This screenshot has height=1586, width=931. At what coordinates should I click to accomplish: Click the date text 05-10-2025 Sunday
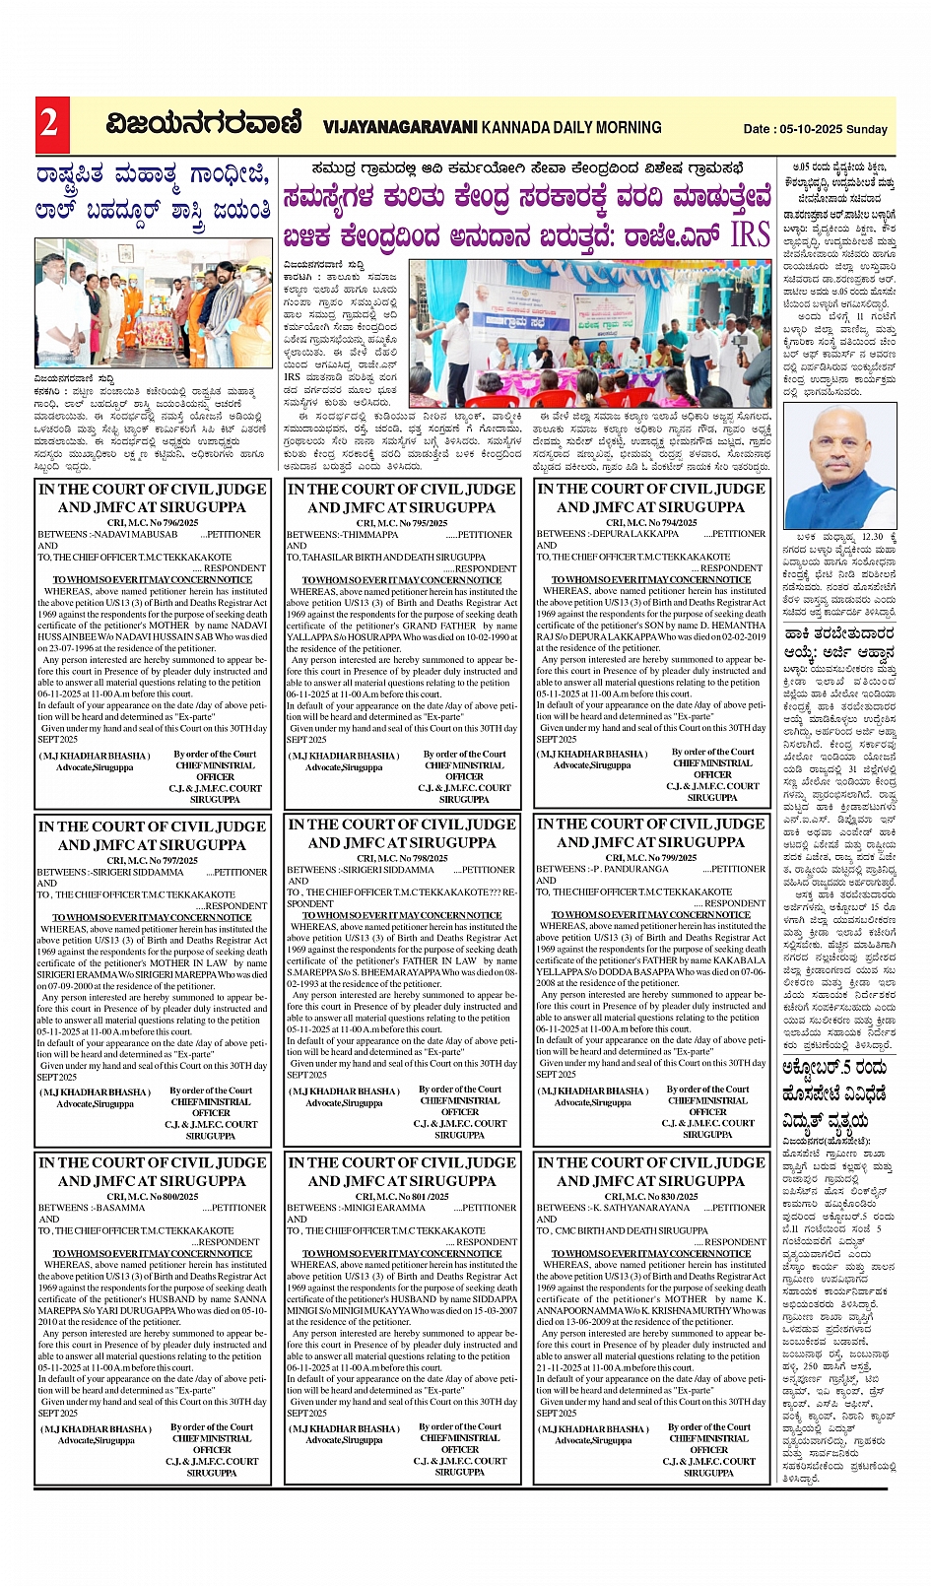(x=815, y=129)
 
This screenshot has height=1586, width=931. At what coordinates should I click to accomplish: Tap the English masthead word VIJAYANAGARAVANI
(x=401, y=127)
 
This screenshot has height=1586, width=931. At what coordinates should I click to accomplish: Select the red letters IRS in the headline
(x=750, y=235)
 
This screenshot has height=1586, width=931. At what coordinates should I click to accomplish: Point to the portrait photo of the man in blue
(x=839, y=466)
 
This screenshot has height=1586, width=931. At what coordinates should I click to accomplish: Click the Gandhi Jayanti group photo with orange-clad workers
(x=154, y=303)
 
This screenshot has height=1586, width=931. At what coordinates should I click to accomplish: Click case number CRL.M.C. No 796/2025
(x=153, y=523)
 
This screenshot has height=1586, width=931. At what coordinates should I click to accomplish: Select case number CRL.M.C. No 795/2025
(x=402, y=523)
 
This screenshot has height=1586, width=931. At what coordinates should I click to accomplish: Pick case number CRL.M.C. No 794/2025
(x=651, y=522)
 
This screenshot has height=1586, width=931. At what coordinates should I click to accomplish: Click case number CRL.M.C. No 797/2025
(x=153, y=860)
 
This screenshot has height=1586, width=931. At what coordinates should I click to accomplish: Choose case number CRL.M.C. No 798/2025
(x=402, y=858)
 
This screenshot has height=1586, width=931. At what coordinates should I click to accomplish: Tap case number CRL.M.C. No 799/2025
(x=651, y=857)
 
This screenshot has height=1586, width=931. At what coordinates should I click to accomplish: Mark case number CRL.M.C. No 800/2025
(x=153, y=1196)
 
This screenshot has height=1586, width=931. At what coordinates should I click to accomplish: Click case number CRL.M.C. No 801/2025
(x=402, y=1196)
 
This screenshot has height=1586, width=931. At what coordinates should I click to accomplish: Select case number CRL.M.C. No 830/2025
(x=651, y=1196)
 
